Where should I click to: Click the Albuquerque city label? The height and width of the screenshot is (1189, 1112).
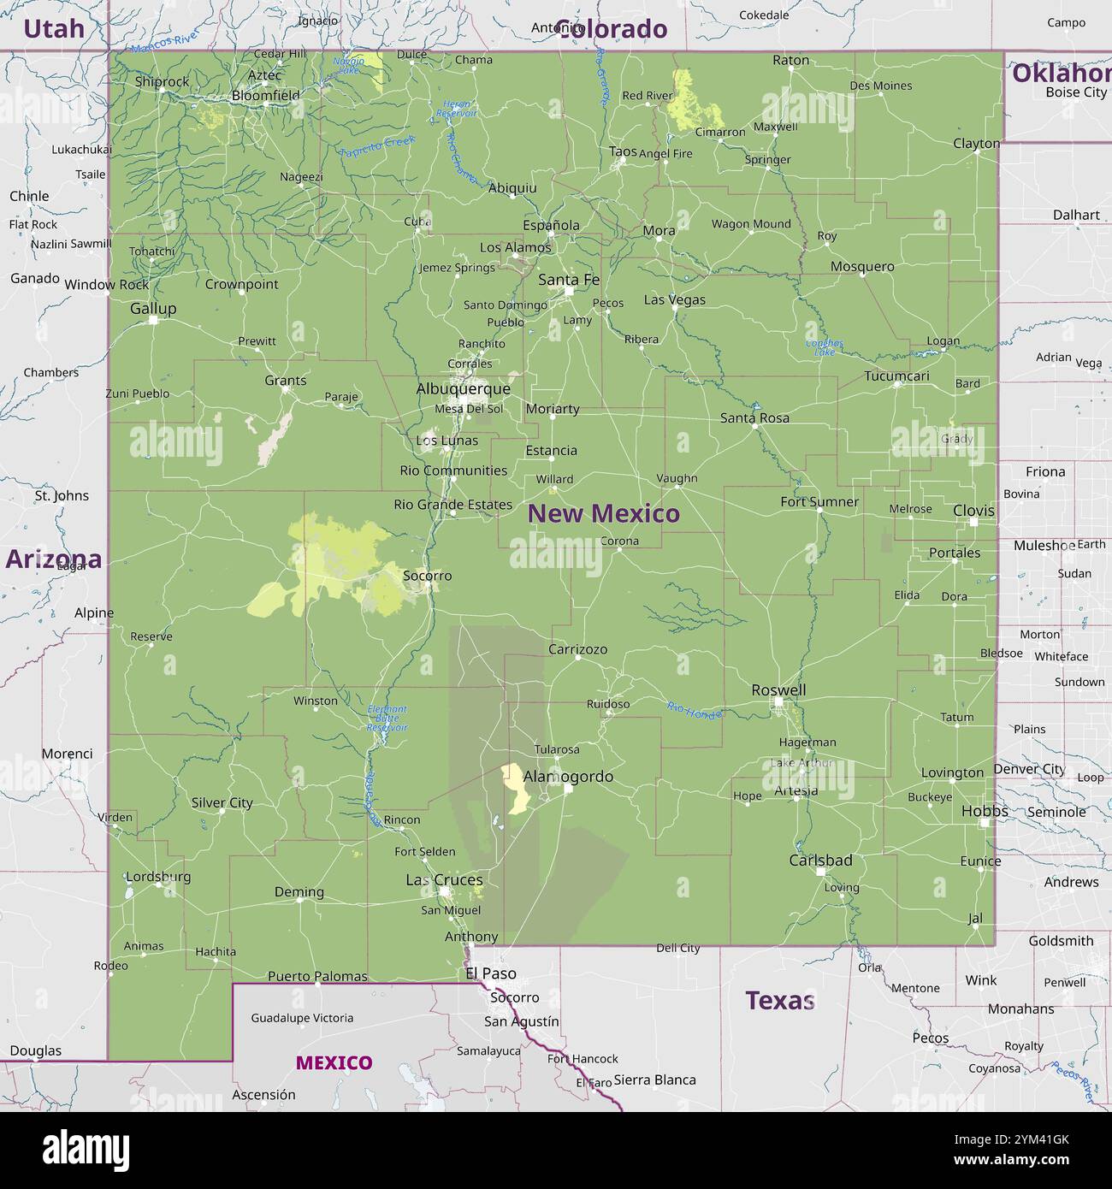tap(463, 389)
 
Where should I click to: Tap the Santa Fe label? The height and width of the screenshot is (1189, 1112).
tap(569, 280)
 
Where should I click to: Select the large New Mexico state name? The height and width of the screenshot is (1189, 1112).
tap(603, 513)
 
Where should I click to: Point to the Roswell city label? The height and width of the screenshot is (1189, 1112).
tap(778, 690)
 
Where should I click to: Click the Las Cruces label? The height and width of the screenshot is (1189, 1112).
tap(444, 880)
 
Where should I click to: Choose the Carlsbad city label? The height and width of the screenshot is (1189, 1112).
tap(820, 861)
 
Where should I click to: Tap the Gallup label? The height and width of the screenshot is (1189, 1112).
tap(153, 309)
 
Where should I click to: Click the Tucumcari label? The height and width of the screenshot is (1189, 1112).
tap(896, 376)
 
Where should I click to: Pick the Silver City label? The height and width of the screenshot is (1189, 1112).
tap(222, 802)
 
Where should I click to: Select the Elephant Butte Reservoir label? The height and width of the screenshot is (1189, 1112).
tap(387, 719)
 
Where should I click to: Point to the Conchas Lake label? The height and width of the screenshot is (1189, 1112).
tap(824, 347)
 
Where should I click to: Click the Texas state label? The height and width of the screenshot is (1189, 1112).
tap(779, 1000)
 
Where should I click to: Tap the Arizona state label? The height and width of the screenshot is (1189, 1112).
tap(53, 559)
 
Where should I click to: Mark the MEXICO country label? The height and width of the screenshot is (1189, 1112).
tap(334, 1063)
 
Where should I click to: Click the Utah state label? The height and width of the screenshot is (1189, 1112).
tap(54, 29)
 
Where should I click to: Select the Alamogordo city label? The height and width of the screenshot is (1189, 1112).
tap(568, 777)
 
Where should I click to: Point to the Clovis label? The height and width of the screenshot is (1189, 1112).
tap(973, 511)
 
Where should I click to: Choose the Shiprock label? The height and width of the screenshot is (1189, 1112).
tap(163, 82)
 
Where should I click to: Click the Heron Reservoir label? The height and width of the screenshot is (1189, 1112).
tap(456, 109)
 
